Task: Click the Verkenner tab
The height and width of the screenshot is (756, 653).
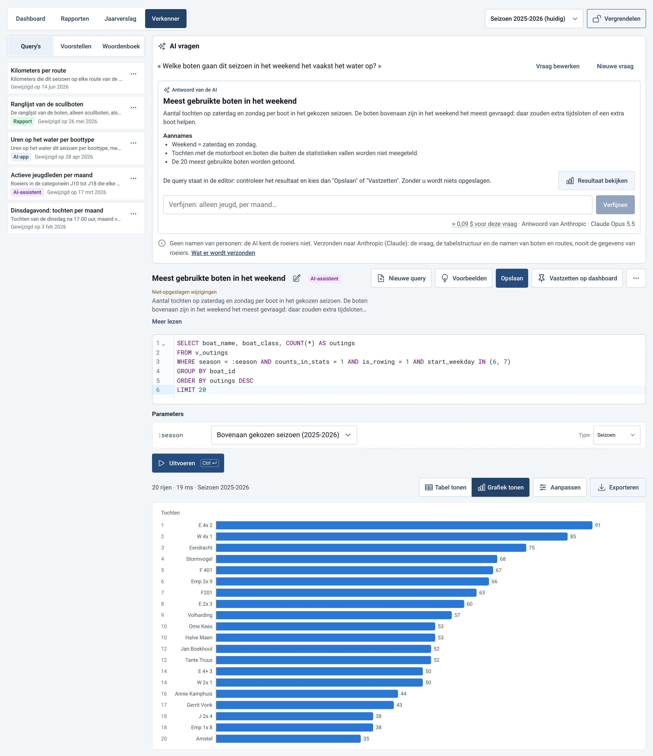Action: [166, 19]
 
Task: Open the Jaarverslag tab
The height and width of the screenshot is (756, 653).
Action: [120, 19]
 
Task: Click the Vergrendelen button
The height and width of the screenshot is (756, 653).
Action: [616, 19]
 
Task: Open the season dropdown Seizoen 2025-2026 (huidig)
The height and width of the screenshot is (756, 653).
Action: [534, 19]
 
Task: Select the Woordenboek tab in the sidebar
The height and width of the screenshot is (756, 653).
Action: [121, 46]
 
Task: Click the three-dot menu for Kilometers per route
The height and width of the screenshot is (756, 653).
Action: [133, 74]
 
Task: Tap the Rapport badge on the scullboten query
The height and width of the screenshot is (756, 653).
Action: [23, 121]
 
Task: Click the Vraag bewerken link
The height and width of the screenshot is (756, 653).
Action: [557, 66]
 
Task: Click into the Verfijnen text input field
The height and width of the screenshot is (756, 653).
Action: [378, 205]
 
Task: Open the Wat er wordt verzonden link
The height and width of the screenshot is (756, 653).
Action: [223, 253]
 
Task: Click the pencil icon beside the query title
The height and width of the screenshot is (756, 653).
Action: [296, 278]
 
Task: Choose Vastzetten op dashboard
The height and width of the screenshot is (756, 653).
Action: [577, 278]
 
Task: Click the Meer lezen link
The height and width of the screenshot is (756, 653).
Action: [167, 321]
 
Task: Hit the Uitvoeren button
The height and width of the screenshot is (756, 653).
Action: [188, 463]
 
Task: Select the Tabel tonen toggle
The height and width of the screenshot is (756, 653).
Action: [445, 488]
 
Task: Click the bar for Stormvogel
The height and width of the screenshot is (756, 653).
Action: [357, 559]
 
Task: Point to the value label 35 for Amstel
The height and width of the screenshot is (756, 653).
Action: [366, 739]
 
